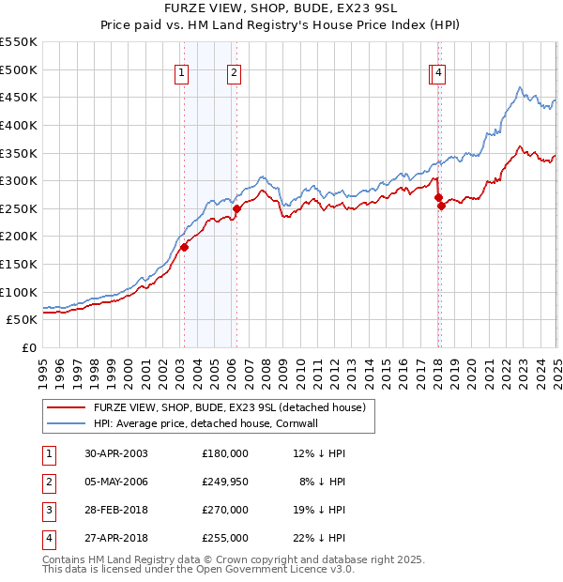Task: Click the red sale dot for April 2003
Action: pyautogui.click(x=185, y=247)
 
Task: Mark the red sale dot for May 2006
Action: pyautogui.click(x=236, y=208)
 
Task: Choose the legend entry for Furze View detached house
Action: pyautogui.click(x=235, y=407)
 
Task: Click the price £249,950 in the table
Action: pyautogui.click(x=225, y=482)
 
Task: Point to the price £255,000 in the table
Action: pyautogui.click(x=225, y=538)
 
